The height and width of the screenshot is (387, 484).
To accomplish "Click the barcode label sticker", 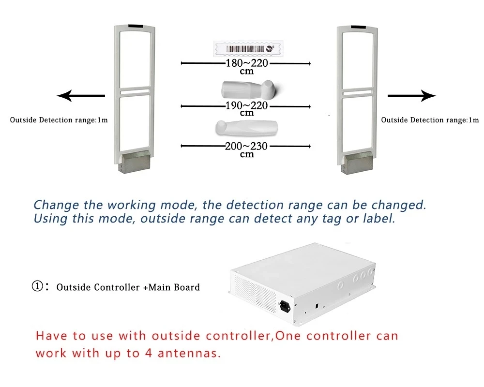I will [x=244, y=48].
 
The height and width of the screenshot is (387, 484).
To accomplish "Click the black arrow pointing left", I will [x=80, y=96].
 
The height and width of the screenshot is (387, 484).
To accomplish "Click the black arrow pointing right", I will [x=411, y=96].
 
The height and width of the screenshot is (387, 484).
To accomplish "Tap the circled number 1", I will [x=38, y=286].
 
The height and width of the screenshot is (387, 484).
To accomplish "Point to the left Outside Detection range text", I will [x=59, y=120].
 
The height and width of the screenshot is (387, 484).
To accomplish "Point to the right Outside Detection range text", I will [x=430, y=120].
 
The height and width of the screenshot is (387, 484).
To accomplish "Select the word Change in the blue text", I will [x=53, y=205].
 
